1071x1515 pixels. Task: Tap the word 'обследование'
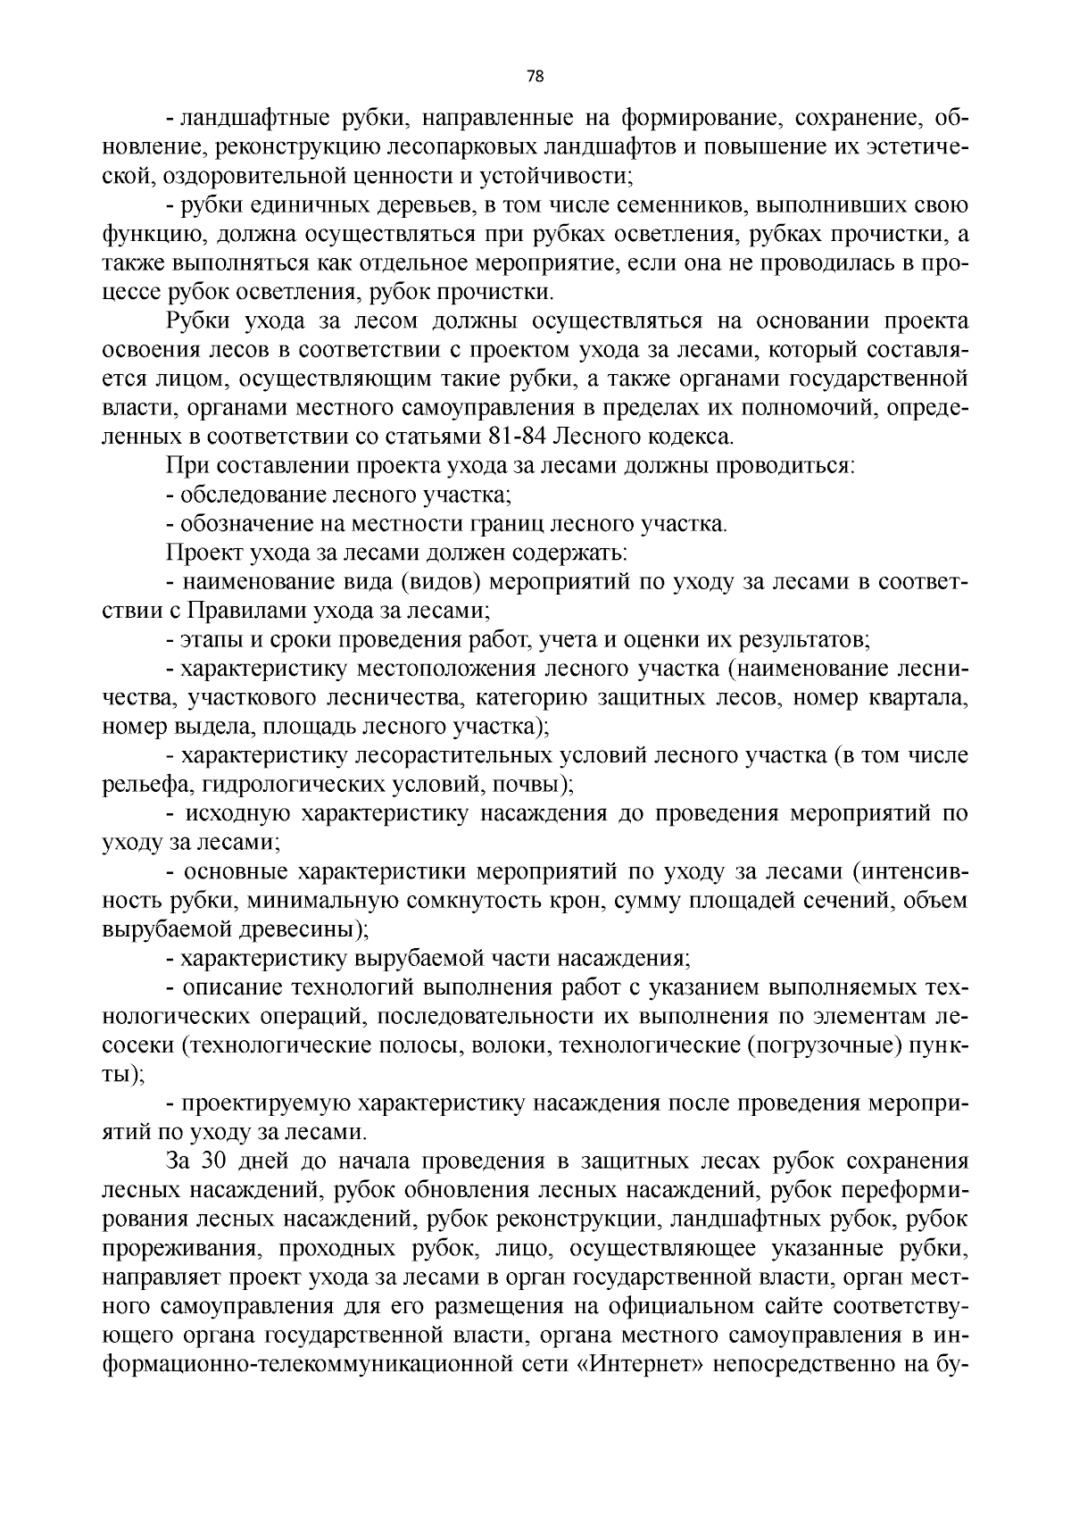tap(253, 495)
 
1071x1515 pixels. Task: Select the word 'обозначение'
tap(245, 524)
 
